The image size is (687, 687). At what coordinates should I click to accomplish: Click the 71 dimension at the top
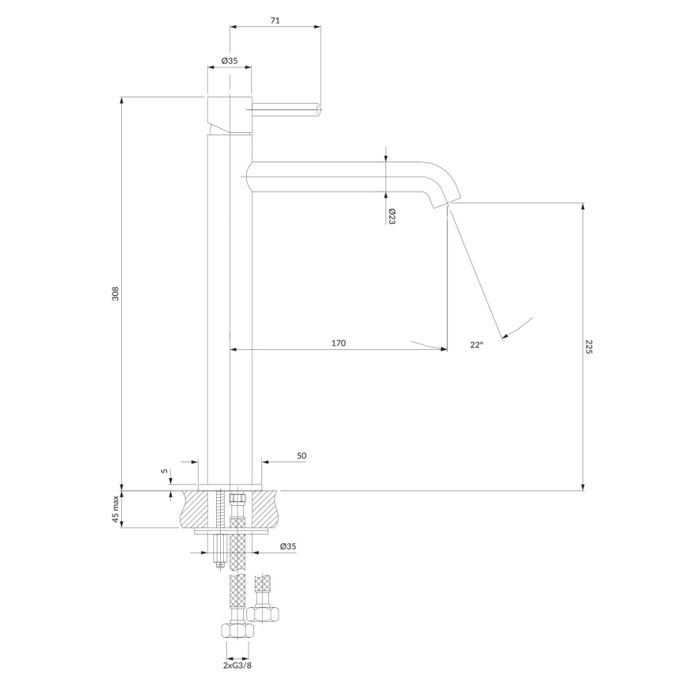(x=275, y=21)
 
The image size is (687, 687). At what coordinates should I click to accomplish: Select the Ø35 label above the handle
(x=230, y=60)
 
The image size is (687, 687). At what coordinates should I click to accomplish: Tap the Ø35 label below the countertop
(x=288, y=546)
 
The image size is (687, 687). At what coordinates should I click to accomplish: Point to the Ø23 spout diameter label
(x=392, y=216)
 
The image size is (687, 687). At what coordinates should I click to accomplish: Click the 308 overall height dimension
(x=115, y=294)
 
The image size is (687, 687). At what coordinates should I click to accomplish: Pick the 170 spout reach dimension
(x=338, y=343)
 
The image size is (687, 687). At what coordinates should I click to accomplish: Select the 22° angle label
(x=476, y=345)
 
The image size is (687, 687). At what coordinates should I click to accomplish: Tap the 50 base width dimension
(x=302, y=456)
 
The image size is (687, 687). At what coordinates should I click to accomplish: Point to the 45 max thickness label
(x=115, y=509)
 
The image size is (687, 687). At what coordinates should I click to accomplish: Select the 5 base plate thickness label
(x=164, y=472)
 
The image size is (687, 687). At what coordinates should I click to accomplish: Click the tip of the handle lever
(x=317, y=108)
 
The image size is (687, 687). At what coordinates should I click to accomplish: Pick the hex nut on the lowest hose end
(x=237, y=632)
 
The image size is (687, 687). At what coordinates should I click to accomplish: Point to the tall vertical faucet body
(x=230, y=317)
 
